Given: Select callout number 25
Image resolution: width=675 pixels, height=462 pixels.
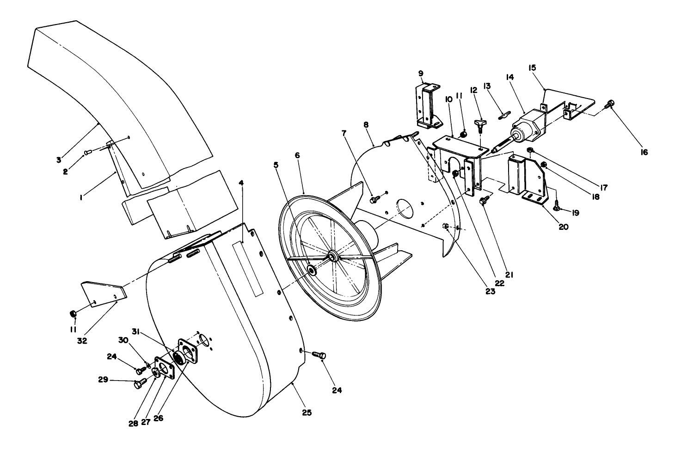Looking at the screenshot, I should click(x=307, y=413).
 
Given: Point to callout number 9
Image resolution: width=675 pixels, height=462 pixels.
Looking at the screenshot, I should click(x=421, y=73).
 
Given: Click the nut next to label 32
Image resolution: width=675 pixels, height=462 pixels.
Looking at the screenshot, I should click(x=73, y=314).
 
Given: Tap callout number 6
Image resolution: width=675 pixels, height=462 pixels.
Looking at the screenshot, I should click(x=297, y=156).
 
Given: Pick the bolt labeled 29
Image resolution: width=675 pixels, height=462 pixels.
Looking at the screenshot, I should click(x=139, y=383).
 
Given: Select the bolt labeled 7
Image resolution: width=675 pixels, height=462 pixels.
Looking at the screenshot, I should click(x=374, y=199).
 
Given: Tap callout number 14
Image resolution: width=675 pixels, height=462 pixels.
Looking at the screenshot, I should click(x=510, y=77).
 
